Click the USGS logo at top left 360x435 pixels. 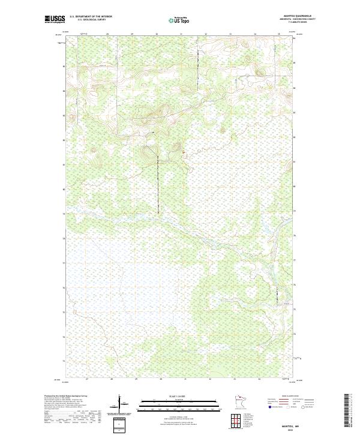click(x=55, y=19)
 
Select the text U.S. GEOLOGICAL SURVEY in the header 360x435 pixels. click(x=86, y=20)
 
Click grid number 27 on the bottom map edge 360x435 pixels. click(x=87, y=380)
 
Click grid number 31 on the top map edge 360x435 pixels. click(x=181, y=34)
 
